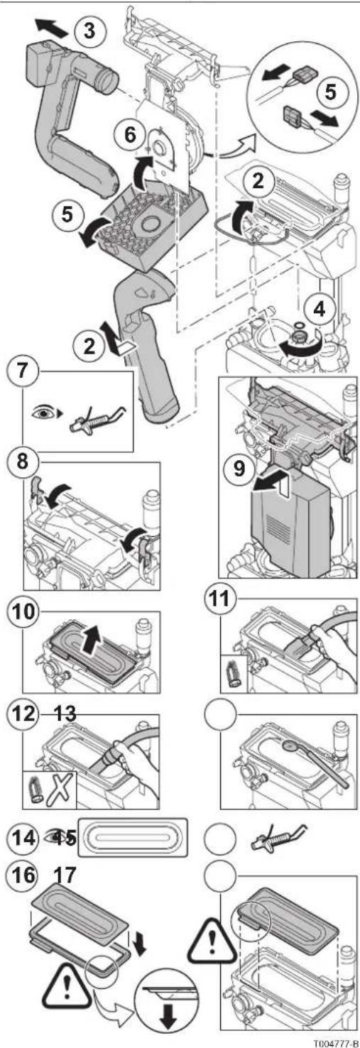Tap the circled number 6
click(x=130, y=135)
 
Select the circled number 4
click(x=319, y=310)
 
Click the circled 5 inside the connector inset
click(x=330, y=92)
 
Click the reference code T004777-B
click(x=335, y=1043)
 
